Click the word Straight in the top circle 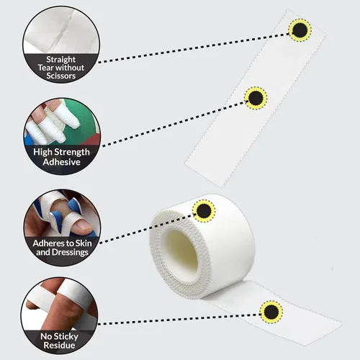coord(61,60)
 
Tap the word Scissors coord(61,76)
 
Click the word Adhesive coord(62,162)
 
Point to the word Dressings coord(70,253)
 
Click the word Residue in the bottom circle coord(59,346)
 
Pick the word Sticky coord(66,336)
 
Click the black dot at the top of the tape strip coord(300,30)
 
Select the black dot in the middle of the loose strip coord(256,98)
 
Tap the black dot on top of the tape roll coord(204,211)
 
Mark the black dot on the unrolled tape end coord(271,312)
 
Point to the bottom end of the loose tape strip coord(204,175)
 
